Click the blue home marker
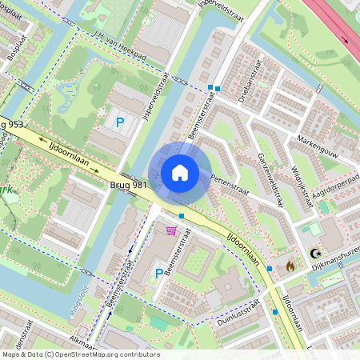180,173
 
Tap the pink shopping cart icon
170,231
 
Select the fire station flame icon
290,266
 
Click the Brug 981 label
128,185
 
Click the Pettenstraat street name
231,186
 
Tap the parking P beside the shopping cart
158,273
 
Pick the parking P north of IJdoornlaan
120,122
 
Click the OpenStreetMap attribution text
80,354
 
